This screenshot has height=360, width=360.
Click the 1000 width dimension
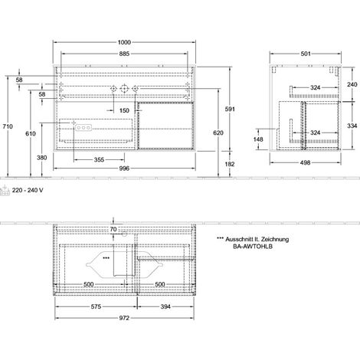point(124,42)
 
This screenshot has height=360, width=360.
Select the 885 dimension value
point(124,54)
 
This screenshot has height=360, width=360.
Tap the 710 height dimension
point(8,126)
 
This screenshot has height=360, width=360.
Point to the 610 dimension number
point(31,133)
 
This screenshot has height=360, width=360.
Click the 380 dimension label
point(42,158)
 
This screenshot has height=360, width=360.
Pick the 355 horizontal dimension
point(99,160)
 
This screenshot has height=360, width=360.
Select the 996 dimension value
point(124,169)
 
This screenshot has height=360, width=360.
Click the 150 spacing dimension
point(124,110)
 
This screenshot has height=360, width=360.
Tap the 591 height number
point(230,109)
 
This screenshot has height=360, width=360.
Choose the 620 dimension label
point(218,133)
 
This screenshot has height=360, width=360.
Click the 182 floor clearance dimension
point(230,164)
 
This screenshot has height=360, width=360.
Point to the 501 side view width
point(306,54)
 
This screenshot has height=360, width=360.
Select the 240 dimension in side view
point(352,84)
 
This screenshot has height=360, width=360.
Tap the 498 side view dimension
point(306,162)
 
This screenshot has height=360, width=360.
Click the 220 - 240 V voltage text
point(28,190)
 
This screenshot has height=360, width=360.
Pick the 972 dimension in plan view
point(124,318)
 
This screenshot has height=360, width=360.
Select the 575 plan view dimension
point(96,306)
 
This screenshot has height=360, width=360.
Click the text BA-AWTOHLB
point(253,247)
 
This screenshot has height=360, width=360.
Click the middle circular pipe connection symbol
point(124,89)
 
